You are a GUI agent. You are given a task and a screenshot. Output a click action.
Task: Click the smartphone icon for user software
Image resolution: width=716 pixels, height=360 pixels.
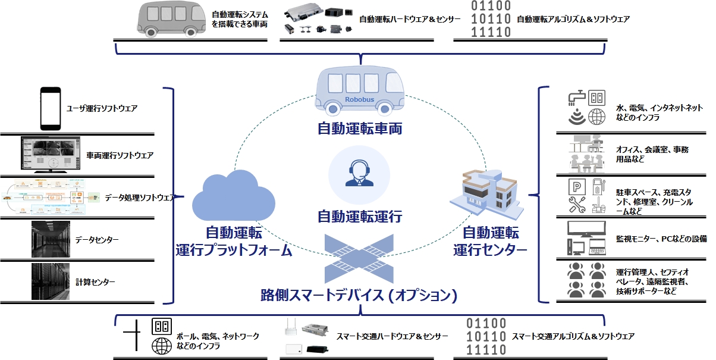pyautogui.click(x=51, y=109)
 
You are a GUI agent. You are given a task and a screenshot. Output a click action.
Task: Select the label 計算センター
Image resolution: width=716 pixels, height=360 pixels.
pyautogui.click(x=95, y=281)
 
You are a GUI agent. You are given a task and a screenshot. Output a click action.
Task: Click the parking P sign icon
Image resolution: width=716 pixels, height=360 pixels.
pyautogui.click(x=576, y=187)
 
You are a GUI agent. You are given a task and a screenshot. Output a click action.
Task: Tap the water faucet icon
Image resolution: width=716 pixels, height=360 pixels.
pyautogui.click(x=574, y=98)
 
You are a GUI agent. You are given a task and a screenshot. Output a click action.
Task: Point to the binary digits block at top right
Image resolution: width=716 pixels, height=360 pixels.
pyautogui.click(x=491, y=19)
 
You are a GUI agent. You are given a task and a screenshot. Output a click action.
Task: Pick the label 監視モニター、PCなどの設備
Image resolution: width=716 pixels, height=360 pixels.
pyautogui.click(x=661, y=239)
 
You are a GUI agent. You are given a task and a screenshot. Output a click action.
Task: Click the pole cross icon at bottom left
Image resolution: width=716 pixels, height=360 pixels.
pyautogui.click(x=131, y=337)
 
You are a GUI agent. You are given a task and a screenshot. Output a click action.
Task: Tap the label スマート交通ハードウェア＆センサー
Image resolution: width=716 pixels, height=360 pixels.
pyautogui.click(x=392, y=337)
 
